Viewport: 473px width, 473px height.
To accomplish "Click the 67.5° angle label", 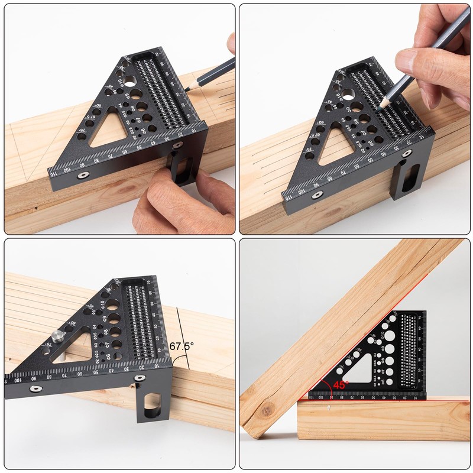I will pos(182,346).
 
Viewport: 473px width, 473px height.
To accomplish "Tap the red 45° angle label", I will pos(341,384).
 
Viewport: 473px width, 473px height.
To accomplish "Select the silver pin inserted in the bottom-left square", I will pos(56,336).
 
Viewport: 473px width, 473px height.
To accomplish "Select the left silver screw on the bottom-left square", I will pos(37,388).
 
